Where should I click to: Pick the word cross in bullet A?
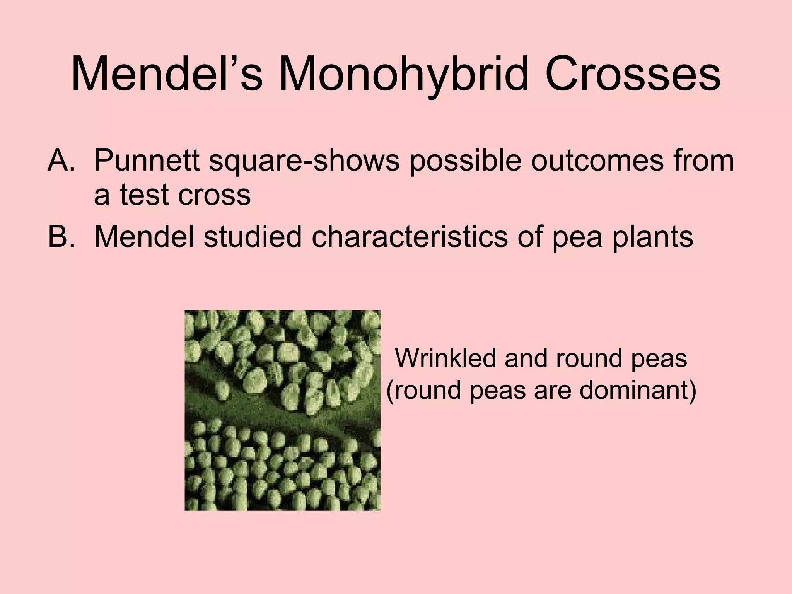(215, 195)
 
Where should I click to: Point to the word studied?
(253, 237)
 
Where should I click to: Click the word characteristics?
(410, 237)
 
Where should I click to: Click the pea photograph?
(282, 410)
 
